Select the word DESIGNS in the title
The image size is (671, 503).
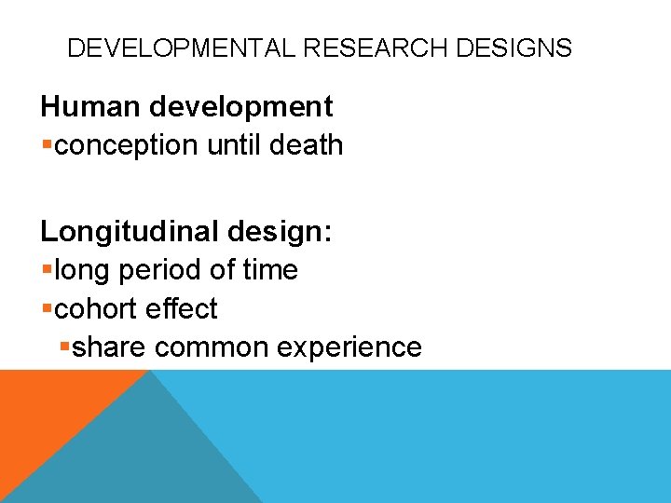514,48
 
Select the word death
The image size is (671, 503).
308,145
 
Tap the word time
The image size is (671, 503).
270,270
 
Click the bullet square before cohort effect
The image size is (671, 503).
47,309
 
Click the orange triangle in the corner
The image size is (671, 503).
47,410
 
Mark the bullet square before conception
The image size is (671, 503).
47,146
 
